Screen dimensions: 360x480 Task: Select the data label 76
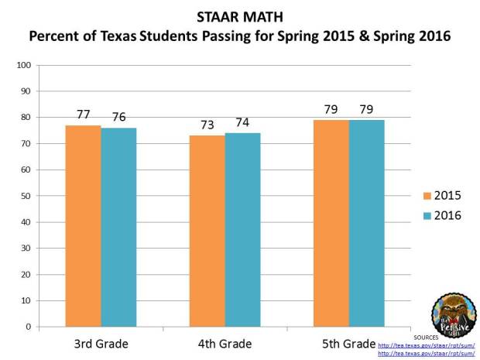pos(118,118)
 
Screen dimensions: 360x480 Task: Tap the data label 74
pos(242,123)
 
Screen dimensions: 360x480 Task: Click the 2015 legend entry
pos(441,195)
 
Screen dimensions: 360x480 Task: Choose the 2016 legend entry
pos(441,215)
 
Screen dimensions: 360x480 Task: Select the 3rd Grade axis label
pos(101,341)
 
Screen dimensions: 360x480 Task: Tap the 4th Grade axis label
pos(225,341)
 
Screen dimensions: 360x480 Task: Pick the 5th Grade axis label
pos(348,341)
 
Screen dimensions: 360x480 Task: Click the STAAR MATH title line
pos(240,17)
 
